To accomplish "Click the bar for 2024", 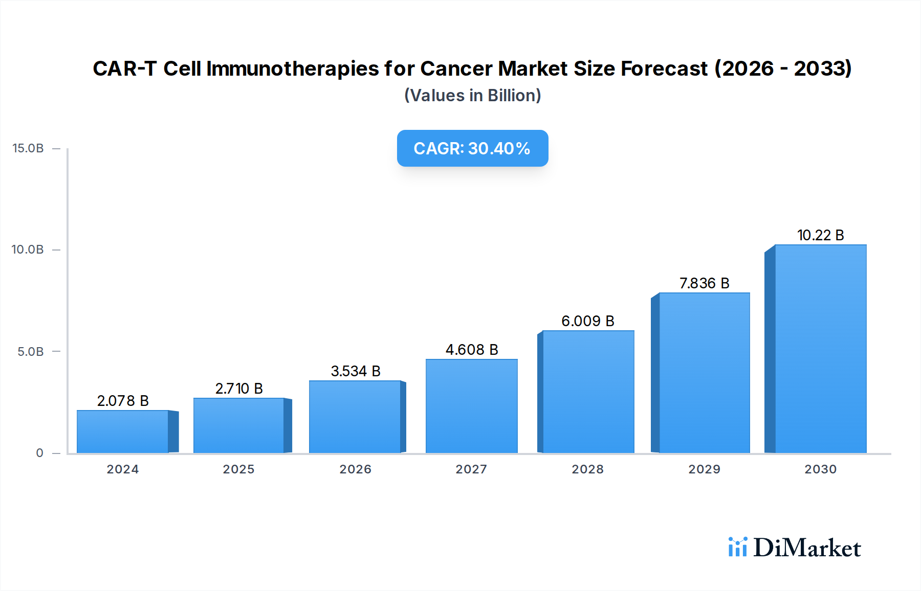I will coord(123,431).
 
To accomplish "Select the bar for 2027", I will coord(471,406).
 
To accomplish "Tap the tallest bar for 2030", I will coord(820,349).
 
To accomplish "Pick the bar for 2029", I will coord(704,373).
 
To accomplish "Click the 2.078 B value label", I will coord(123,401).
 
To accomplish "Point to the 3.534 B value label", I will coord(356,371).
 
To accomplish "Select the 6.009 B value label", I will coord(587,321).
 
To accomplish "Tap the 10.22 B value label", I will coord(820,235).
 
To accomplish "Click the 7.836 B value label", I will coord(704,283).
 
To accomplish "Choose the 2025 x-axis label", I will coord(238,469).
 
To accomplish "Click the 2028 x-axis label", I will coord(587,469).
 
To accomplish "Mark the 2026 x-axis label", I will coord(355,469).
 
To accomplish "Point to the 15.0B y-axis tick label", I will coord(28,148).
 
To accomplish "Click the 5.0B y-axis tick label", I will coord(31,352).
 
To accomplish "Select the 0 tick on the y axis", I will coord(39,453).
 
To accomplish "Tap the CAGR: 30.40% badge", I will coord(472,148).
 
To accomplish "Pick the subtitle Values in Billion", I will coord(472,96).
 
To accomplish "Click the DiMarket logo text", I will coord(807,548).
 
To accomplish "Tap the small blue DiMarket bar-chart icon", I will coord(737,547).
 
